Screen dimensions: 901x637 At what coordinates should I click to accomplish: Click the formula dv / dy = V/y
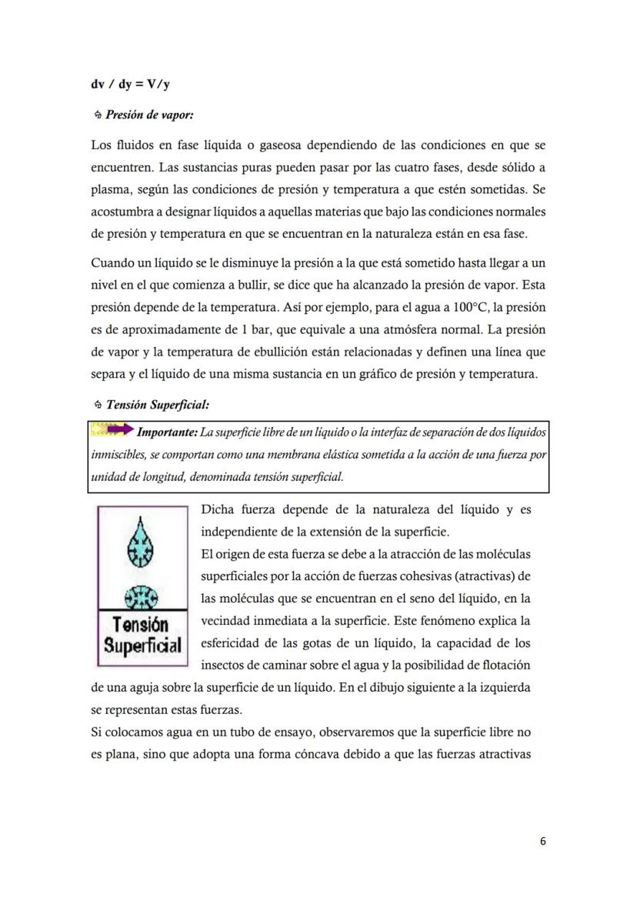pos(130,85)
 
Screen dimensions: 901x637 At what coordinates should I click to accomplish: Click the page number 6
pos(543,842)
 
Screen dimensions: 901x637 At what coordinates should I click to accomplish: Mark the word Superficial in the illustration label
pos(143,645)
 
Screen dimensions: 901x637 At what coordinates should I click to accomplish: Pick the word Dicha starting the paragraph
pos(218,509)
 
